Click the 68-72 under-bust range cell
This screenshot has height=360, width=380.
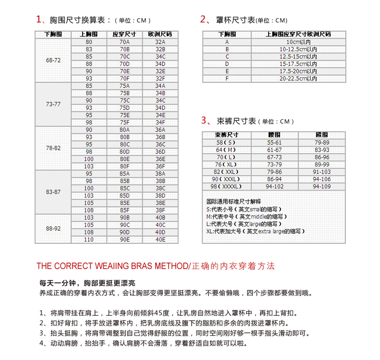(54, 60)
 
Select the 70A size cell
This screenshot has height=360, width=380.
(124, 42)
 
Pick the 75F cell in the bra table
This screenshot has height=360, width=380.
(124, 122)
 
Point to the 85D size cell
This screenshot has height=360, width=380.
(124, 195)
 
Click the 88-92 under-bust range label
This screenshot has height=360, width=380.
(54, 229)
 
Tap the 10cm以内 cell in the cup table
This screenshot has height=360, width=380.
(298, 42)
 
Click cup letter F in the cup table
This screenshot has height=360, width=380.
(227, 78)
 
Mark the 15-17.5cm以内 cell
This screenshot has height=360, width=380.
(298, 64)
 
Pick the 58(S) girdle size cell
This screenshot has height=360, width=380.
(227, 142)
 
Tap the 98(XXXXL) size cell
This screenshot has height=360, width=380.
(227, 186)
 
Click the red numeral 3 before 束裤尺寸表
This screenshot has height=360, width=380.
(204, 120)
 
